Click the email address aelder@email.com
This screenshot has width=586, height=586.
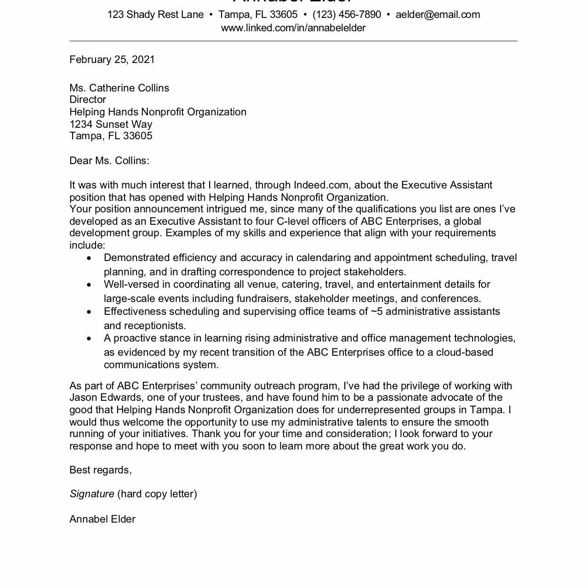(438, 15)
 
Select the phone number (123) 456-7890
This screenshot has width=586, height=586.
(347, 15)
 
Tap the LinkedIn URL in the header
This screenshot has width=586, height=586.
(293, 28)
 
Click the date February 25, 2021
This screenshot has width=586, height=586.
(112, 60)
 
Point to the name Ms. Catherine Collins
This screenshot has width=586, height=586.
(119, 88)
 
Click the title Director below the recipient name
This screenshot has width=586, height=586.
(87, 100)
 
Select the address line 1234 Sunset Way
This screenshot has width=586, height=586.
(110, 124)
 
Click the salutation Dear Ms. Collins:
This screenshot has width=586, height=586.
(109, 161)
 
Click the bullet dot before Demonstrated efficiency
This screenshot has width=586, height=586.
(89, 258)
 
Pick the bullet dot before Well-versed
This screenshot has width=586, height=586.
(89, 285)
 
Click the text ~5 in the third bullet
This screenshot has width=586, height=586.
(376, 312)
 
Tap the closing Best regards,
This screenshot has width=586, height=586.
(100, 470)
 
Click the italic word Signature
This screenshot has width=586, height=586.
(92, 494)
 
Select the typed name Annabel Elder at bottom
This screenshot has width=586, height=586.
(102, 519)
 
